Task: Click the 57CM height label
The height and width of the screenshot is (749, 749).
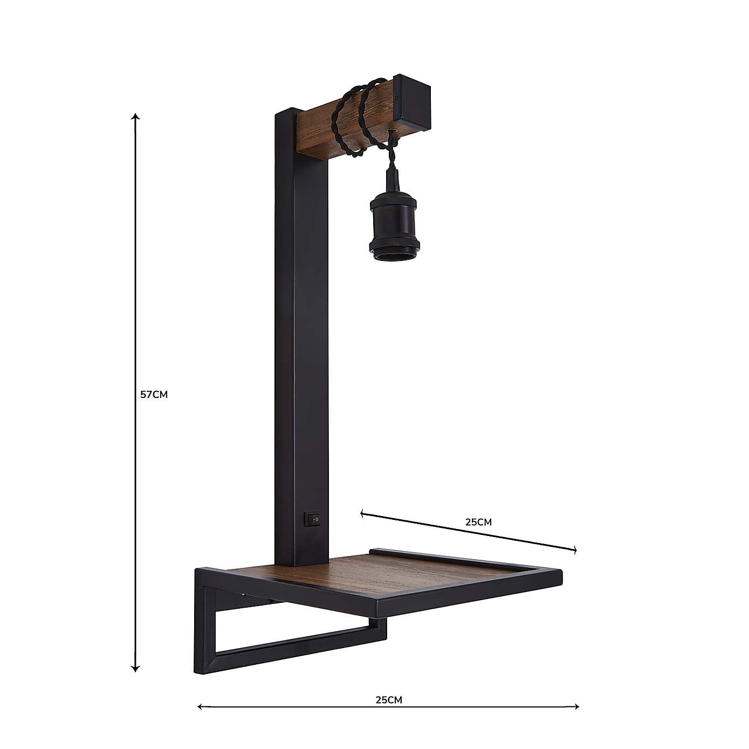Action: click(154, 394)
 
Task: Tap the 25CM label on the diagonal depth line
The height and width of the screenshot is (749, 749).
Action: click(478, 522)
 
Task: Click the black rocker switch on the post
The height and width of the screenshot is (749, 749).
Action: click(312, 520)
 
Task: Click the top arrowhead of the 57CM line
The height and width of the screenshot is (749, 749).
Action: click(136, 116)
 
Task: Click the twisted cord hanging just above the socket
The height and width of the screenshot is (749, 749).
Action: click(390, 159)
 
